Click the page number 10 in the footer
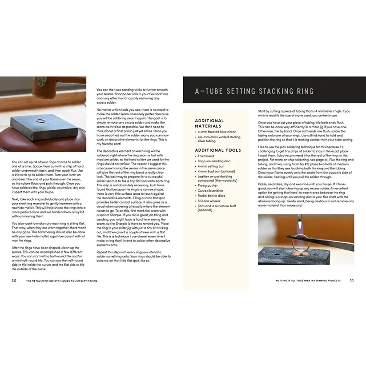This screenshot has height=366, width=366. [14, 281]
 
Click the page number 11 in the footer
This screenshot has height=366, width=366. [352, 281]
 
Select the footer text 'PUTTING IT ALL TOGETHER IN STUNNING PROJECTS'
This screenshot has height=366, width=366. [308, 281]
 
